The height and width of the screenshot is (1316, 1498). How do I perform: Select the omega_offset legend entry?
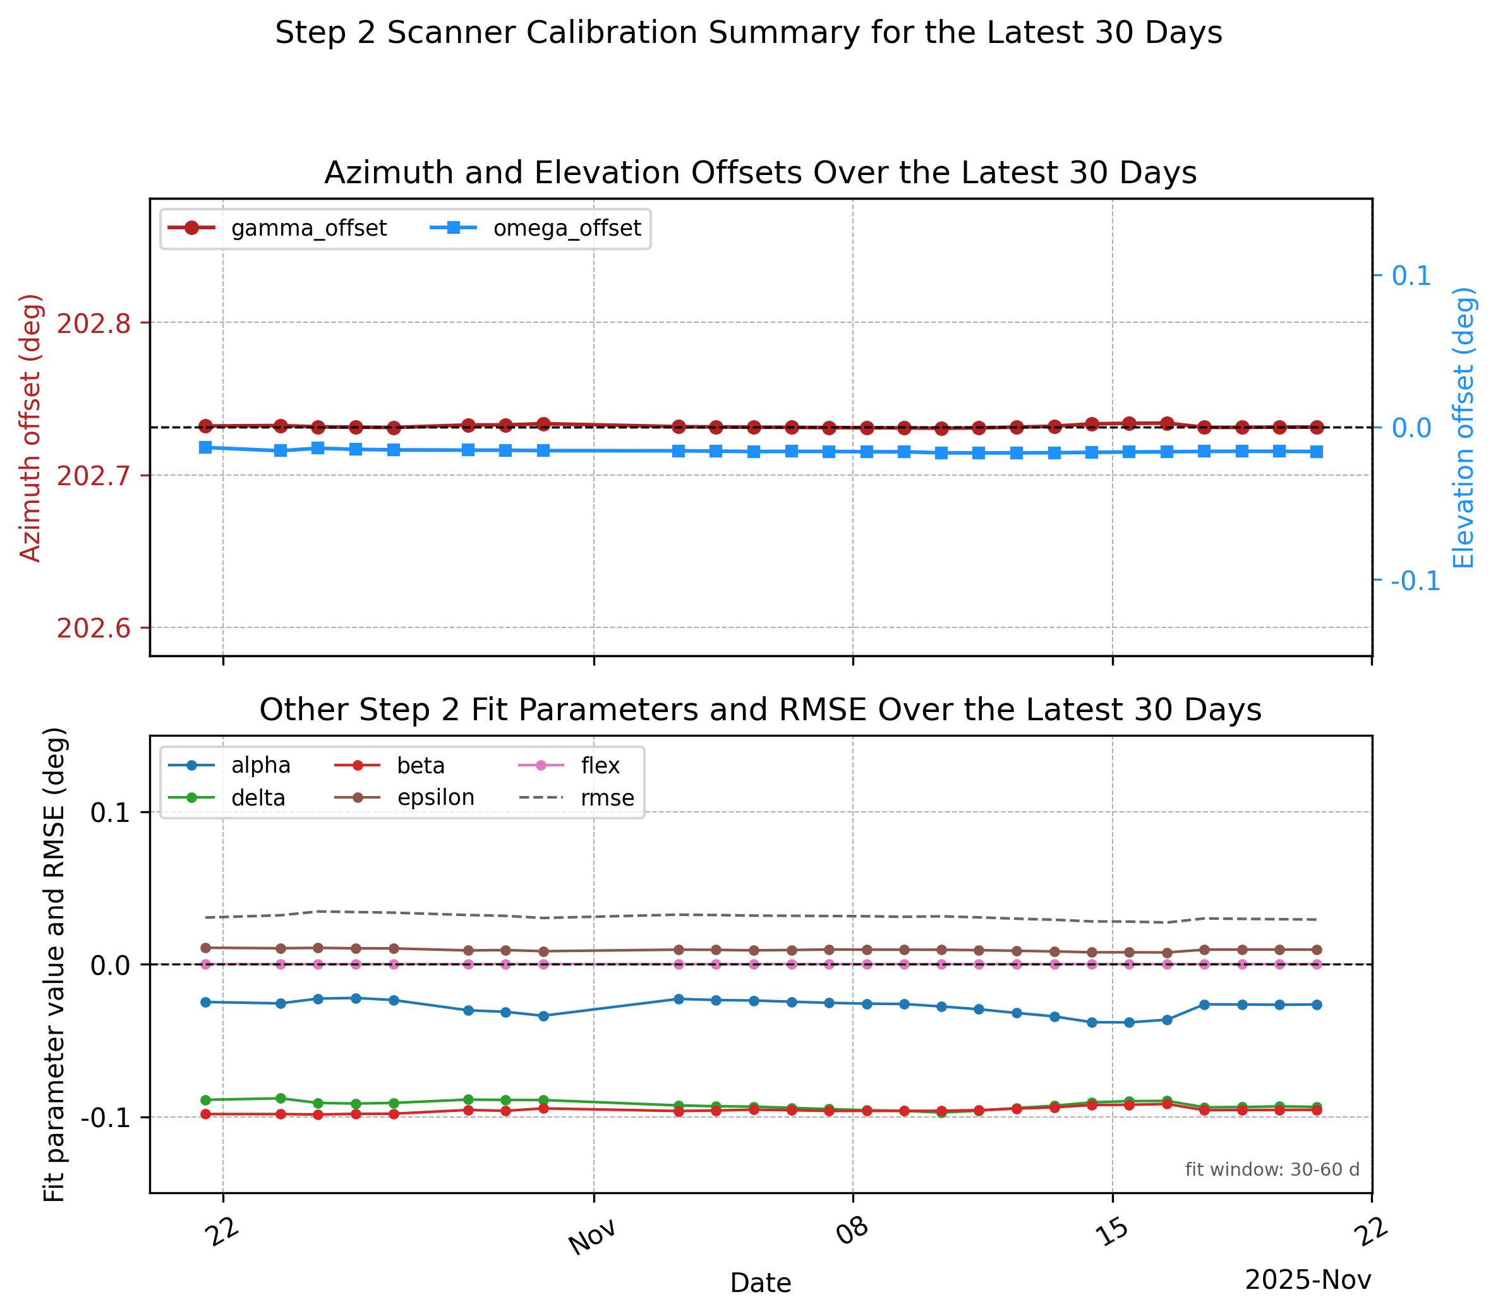(535, 228)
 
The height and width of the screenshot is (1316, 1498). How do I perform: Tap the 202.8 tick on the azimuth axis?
(93, 323)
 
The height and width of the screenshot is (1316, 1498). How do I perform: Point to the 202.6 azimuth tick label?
(93, 628)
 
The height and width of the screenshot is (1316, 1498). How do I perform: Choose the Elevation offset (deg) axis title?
(1463, 428)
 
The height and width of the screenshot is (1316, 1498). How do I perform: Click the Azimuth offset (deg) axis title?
(30, 428)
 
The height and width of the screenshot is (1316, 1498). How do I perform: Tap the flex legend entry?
(569, 766)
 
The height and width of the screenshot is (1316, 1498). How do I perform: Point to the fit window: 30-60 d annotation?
(1272, 1169)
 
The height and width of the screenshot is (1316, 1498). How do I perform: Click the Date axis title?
(761, 1283)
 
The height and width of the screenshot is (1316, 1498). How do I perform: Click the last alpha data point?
(1316, 1005)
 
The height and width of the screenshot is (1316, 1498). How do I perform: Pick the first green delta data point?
(205, 1100)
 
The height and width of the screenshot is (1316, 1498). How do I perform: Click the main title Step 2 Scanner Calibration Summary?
(748, 33)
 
